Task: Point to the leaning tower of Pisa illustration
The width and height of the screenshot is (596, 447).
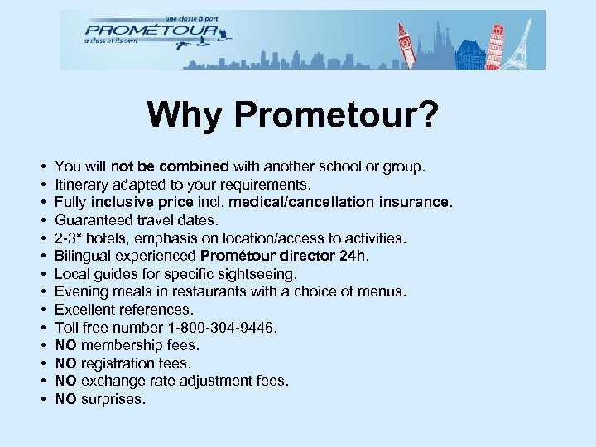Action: [495, 46]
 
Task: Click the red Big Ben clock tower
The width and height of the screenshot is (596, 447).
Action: [404, 46]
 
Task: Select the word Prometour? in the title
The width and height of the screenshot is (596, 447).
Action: [336, 115]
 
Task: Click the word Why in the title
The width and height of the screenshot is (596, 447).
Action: [186, 115]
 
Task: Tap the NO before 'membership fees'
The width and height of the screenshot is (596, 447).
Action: [66, 345]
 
